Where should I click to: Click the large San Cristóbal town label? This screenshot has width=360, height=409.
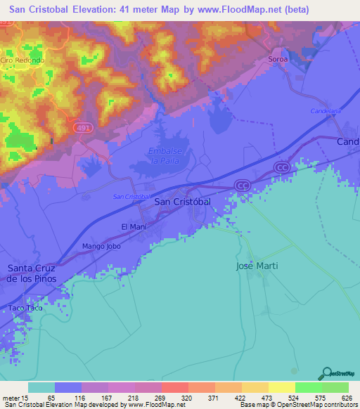[x=182, y=202]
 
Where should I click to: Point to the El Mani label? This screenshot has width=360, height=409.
[x=134, y=226]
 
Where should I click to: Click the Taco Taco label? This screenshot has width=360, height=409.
[x=25, y=309]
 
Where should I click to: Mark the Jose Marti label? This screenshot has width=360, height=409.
[x=257, y=266]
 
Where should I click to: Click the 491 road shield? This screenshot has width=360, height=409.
[x=82, y=126]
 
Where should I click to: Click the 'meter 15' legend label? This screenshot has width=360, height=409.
[x=14, y=397]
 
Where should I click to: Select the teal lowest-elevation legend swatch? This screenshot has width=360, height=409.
[x=41, y=387]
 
